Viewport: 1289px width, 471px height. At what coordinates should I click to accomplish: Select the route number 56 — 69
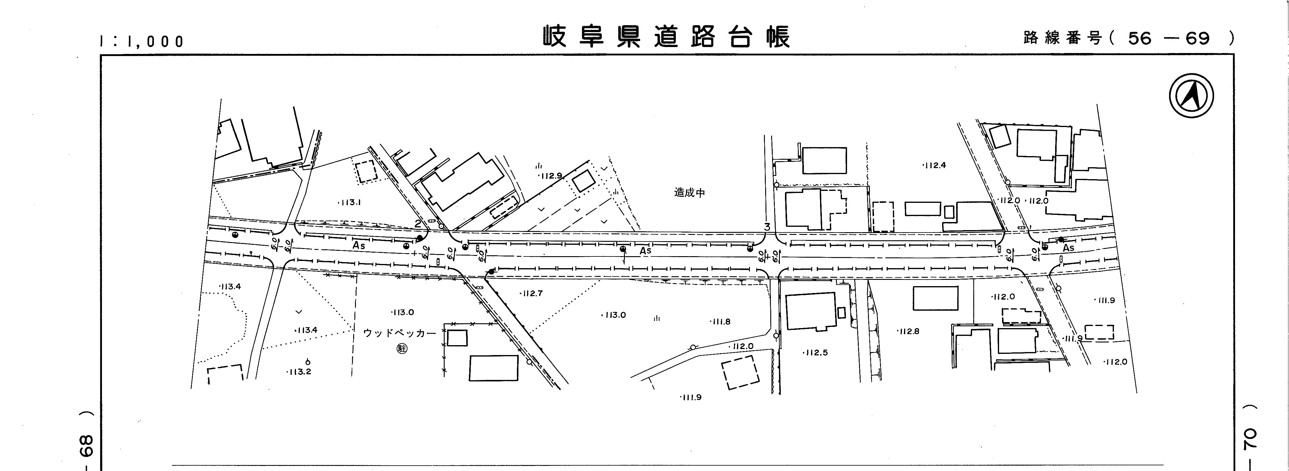(x=1168, y=38)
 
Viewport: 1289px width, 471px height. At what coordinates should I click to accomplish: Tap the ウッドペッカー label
(x=400, y=333)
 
